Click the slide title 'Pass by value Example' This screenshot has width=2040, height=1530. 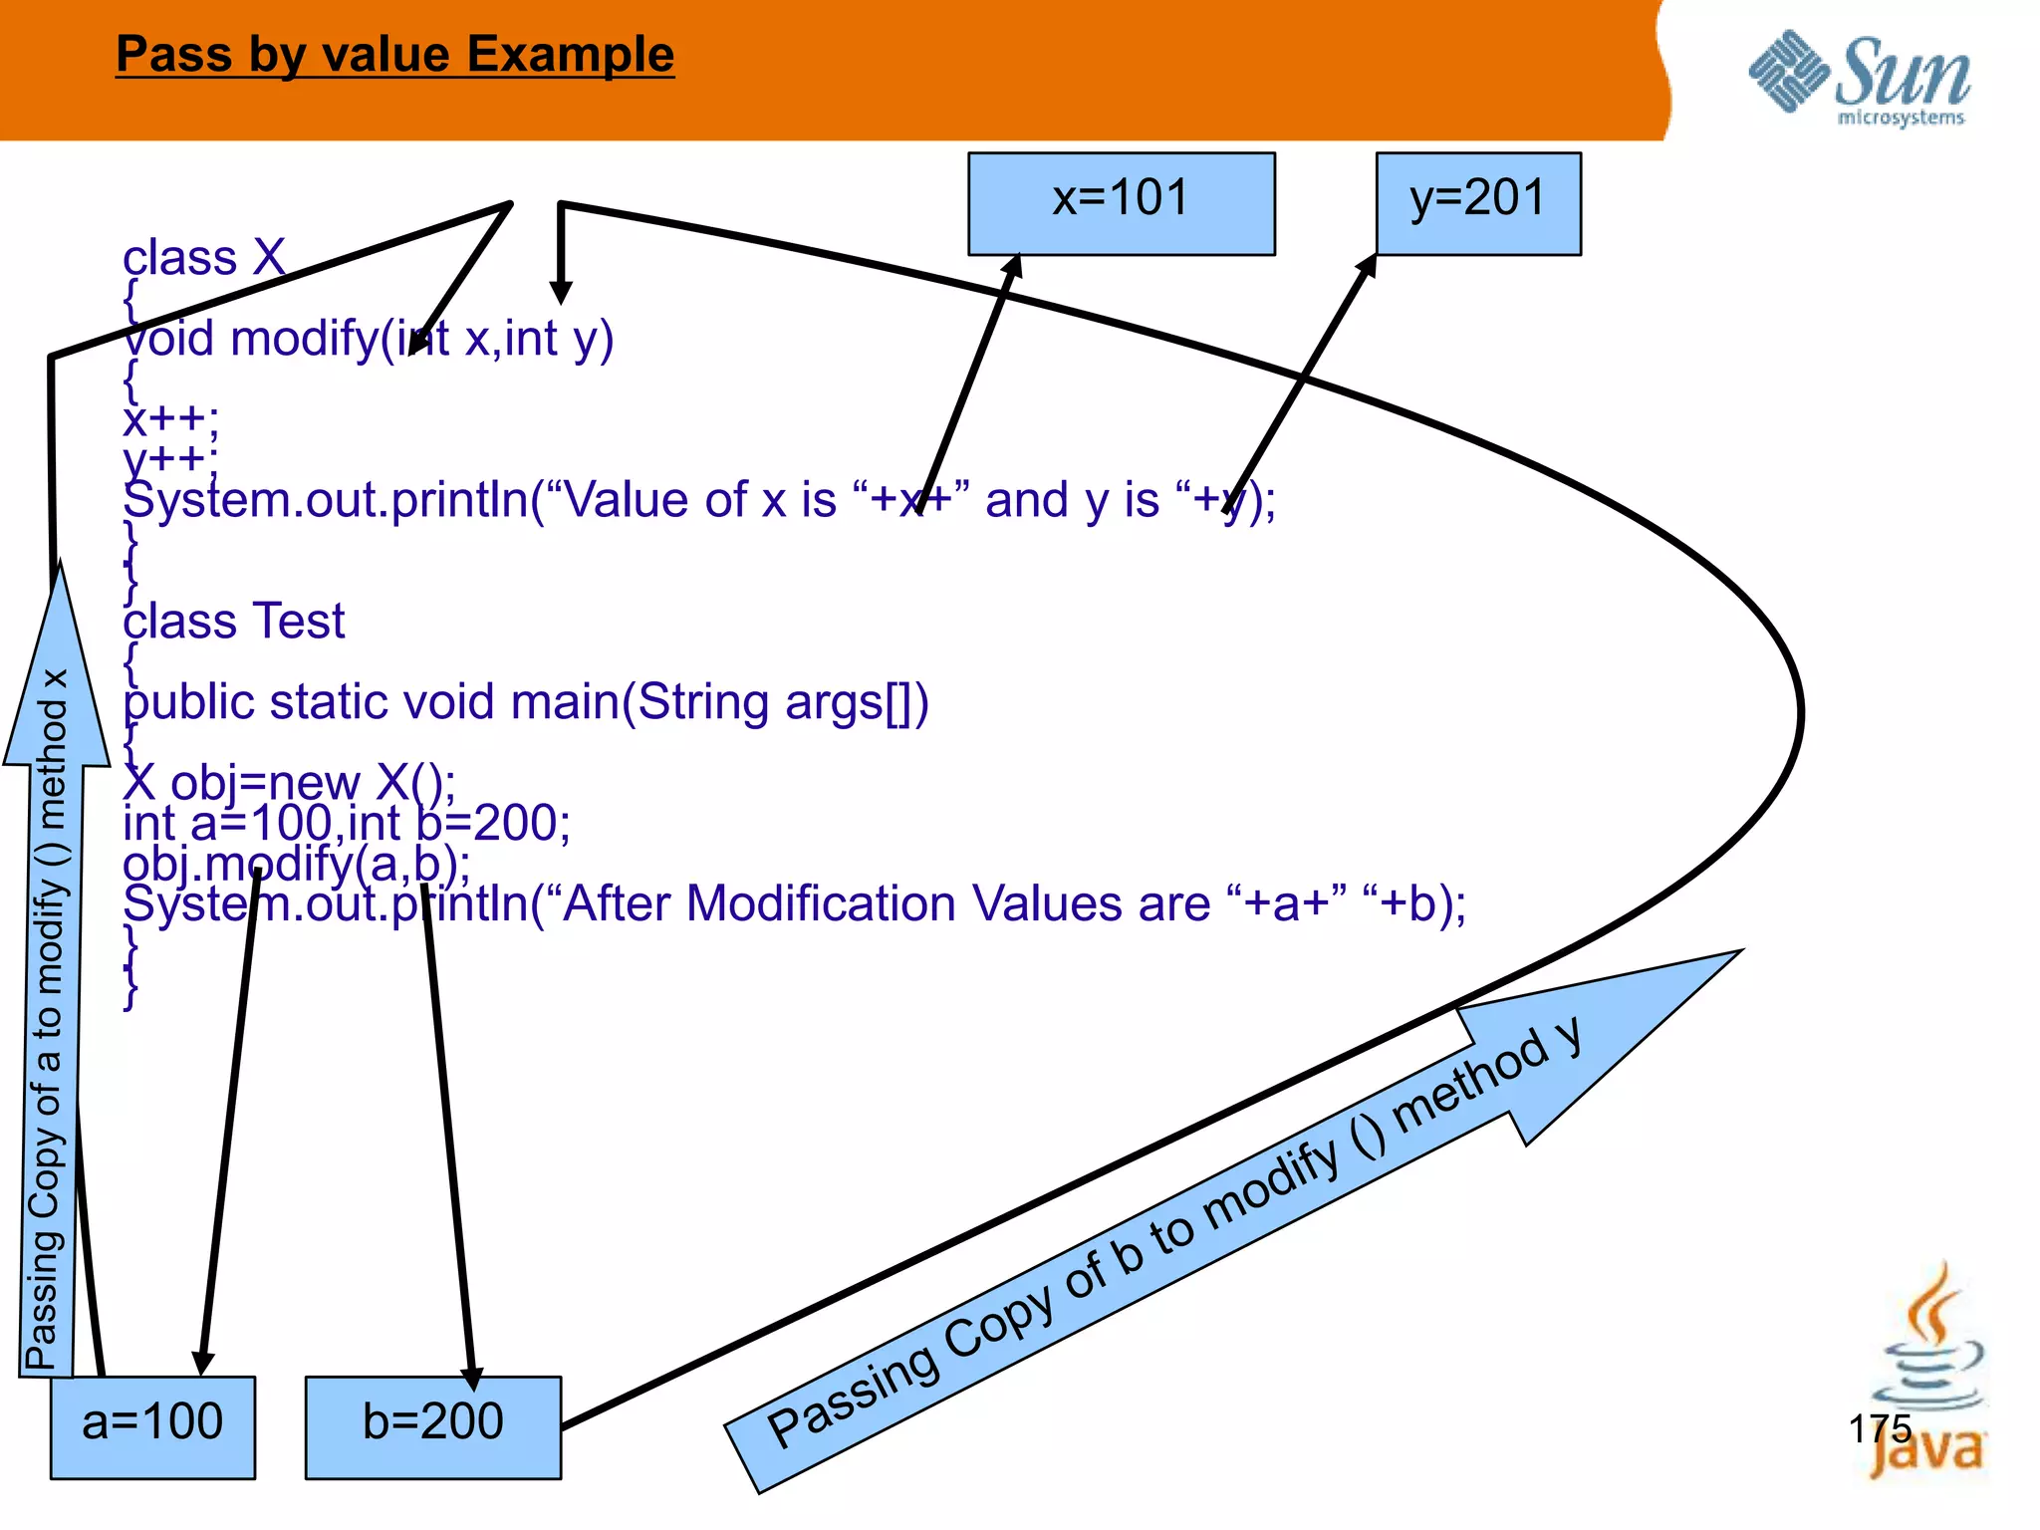[x=394, y=55]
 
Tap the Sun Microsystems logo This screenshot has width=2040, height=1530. [x=1859, y=80]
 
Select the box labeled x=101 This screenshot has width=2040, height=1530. [x=1121, y=203]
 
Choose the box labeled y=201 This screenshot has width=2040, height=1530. [x=1477, y=203]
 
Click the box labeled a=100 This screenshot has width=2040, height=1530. [x=152, y=1426]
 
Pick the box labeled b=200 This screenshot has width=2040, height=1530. [x=432, y=1426]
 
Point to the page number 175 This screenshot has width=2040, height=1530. [x=1880, y=1428]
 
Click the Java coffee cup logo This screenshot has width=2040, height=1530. [x=1927, y=1375]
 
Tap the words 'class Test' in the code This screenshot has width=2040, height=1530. [x=233, y=622]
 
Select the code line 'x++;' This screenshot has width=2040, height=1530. [x=170, y=418]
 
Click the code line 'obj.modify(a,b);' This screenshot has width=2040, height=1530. [x=296, y=864]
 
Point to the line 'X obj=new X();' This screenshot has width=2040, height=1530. [x=289, y=782]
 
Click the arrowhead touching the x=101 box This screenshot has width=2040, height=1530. [x=1013, y=266]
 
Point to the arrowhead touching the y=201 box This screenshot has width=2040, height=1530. [x=1367, y=266]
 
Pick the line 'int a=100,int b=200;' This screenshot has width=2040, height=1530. [x=347, y=824]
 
